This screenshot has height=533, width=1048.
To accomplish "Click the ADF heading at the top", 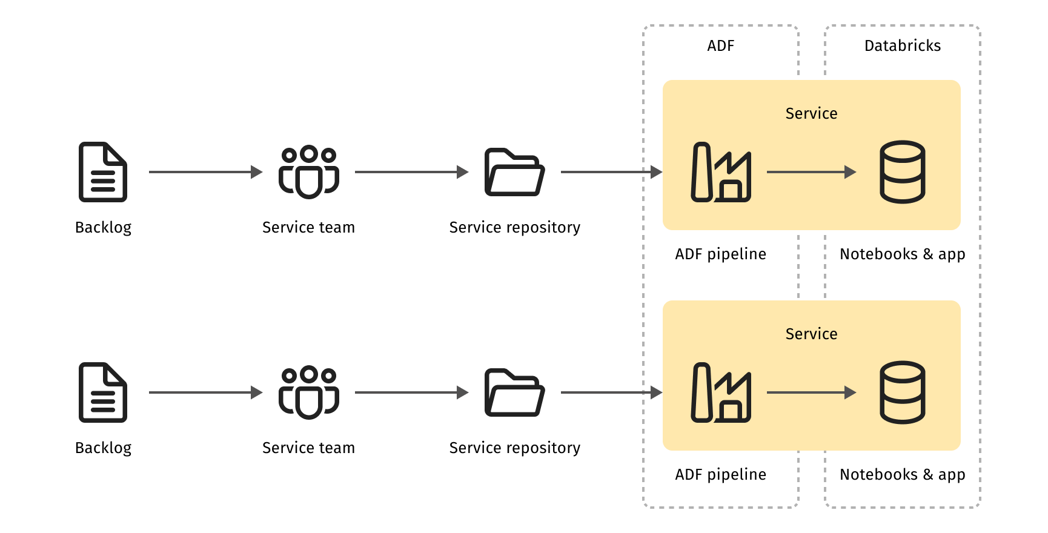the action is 720,46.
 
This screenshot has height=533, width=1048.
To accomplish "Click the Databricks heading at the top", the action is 902,46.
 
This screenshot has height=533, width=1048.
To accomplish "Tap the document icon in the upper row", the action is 103,172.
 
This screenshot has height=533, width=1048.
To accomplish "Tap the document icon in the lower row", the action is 103,392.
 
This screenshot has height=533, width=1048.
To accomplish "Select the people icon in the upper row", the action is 309,172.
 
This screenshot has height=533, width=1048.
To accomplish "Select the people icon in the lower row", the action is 309,392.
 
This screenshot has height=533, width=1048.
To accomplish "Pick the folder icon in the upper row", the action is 515,172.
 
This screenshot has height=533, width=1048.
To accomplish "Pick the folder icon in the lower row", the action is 515,392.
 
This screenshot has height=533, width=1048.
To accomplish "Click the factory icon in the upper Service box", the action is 721,172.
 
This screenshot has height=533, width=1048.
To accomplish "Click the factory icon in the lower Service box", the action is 721,392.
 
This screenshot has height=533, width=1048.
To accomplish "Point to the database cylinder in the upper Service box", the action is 902,172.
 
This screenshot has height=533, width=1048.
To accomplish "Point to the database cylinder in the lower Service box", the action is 902,392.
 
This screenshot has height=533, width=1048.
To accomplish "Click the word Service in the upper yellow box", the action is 811,114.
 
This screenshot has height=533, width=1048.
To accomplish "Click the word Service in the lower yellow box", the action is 811,334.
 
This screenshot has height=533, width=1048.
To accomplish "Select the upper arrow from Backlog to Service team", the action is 206,172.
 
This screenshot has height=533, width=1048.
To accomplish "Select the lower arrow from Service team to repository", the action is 412,392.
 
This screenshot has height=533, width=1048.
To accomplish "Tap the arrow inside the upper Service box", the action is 812,172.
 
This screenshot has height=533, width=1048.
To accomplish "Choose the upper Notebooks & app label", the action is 902,254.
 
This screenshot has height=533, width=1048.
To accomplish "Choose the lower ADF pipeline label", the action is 720,475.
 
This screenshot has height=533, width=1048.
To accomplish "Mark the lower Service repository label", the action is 515,448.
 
